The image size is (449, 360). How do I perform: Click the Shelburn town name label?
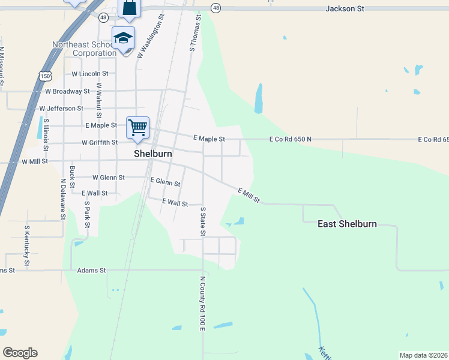(x=153, y=154)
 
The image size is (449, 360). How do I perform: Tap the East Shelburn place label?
(x=347, y=224)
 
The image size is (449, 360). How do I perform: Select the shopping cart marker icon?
(x=137, y=127)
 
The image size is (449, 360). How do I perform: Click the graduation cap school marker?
(x=123, y=38)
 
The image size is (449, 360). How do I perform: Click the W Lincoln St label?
(x=89, y=74)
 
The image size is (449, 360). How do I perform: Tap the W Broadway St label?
(x=67, y=92)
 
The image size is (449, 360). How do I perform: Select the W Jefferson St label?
(x=61, y=109)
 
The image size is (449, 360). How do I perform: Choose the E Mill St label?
(x=249, y=195)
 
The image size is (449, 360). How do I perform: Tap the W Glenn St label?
(x=109, y=178)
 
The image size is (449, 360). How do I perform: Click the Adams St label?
(x=91, y=271)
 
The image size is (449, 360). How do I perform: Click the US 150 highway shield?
(x=43, y=75)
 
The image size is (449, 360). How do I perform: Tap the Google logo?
(x=20, y=353)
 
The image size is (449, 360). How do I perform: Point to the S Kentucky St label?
(x=27, y=246)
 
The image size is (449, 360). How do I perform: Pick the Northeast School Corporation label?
(x=84, y=49)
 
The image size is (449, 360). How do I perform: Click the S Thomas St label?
(x=194, y=34)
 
